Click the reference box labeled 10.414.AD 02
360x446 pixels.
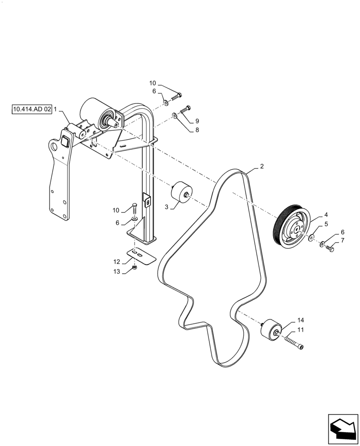32,108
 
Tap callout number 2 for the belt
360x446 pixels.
262,166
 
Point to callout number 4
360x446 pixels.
326,215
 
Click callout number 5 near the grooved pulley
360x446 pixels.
326,224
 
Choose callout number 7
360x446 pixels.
342,241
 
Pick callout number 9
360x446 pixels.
197,120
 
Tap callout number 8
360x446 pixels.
197,131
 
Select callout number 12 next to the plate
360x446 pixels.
117,261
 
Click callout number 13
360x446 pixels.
117,271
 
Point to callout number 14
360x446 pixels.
301,320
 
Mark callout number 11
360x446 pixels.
301,330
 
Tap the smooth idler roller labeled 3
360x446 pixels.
180,192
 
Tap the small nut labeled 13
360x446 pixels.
135,268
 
